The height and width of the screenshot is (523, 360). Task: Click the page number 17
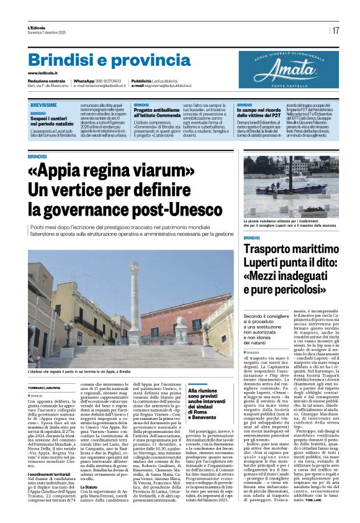[x=335, y=30]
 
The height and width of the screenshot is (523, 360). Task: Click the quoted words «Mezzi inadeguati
[x=287, y=278]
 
